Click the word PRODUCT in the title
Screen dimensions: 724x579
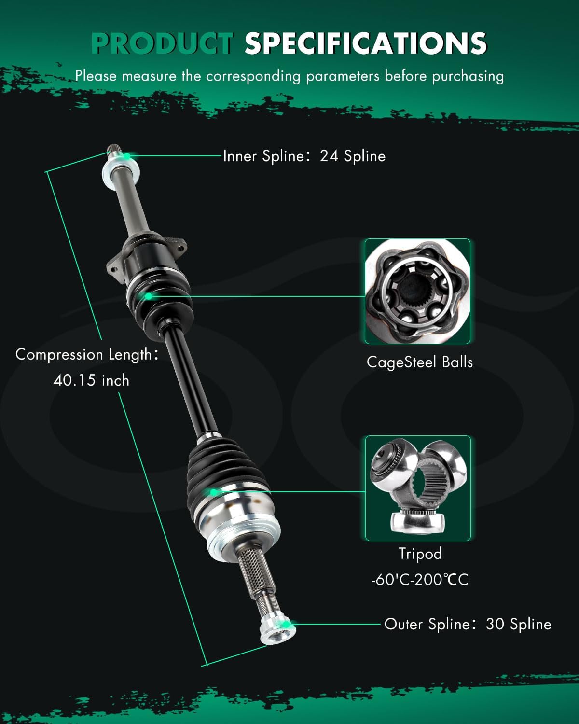[x=162, y=43]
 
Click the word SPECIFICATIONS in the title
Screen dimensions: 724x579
[x=365, y=43]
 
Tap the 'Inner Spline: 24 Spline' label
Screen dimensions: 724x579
[x=304, y=156]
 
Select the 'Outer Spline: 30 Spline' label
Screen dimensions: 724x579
[x=467, y=624]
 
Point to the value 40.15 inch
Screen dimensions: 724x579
[x=91, y=380]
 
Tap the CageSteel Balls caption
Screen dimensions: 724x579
[x=419, y=362]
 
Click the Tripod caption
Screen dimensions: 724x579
[x=420, y=553]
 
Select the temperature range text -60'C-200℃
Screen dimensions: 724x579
[x=420, y=579]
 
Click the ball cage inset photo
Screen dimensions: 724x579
[x=417, y=291]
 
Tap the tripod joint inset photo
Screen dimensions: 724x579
[x=417, y=488]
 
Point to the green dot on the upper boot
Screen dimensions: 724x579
[x=149, y=295]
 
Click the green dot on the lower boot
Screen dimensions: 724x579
[x=213, y=492]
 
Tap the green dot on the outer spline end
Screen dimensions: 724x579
[x=287, y=624]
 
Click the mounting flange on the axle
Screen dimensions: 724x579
[x=145, y=253]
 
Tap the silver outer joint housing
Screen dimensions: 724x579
[x=241, y=526]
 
